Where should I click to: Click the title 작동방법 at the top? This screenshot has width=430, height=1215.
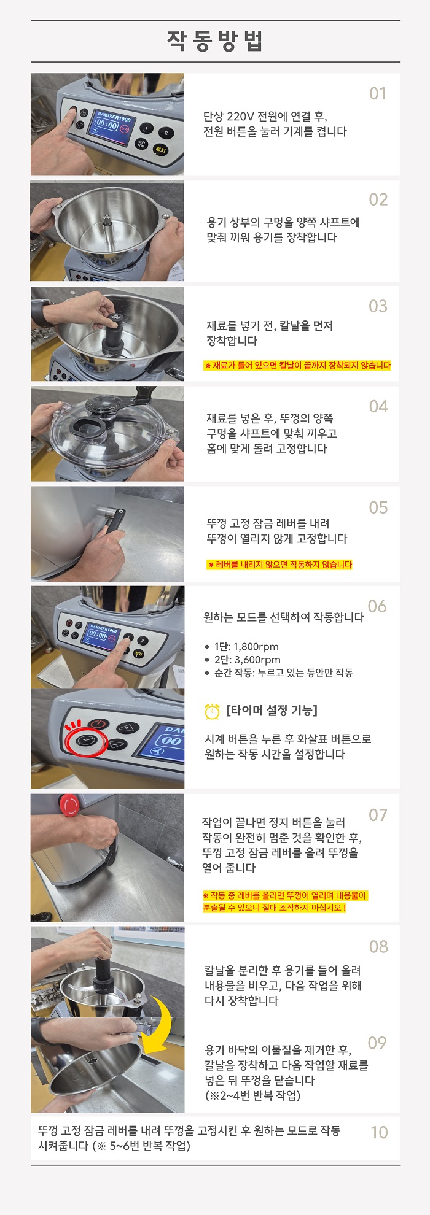[x=215, y=41]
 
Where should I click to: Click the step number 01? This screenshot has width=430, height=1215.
[x=378, y=94]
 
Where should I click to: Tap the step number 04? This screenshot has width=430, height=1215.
[x=378, y=406]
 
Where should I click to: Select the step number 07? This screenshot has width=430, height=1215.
[x=378, y=815]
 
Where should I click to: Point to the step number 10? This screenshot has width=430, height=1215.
[x=379, y=1132]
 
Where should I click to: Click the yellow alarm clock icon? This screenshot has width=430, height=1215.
[x=212, y=711]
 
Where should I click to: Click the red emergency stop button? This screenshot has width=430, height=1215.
[x=69, y=804]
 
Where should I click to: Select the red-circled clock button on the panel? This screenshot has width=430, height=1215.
[x=87, y=741]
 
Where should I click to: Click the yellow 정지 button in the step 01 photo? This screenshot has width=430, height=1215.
[x=160, y=149]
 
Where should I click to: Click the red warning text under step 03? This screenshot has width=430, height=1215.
[x=297, y=366]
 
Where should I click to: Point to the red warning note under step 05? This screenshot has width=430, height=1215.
[x=279, y=565]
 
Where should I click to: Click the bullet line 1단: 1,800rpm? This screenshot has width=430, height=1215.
[x=241, y=647]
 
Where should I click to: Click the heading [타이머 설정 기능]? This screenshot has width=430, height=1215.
[x=272, y=711]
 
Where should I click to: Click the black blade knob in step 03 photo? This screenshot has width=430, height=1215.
[x=115, y=331]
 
